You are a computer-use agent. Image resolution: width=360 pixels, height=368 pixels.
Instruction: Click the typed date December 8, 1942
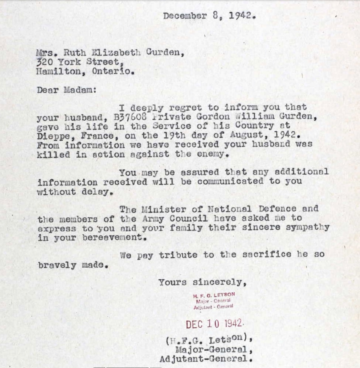tap(209, 16)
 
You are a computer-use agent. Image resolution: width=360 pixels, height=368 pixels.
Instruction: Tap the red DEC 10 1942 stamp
tap(214, 324)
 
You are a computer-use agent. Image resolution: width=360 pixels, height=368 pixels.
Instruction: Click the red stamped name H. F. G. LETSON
tap(214, 295)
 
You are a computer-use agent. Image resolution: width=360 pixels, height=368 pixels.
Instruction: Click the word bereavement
tap(114, 237)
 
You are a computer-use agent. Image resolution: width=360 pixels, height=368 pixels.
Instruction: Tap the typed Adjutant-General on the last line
tap(203, 359)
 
